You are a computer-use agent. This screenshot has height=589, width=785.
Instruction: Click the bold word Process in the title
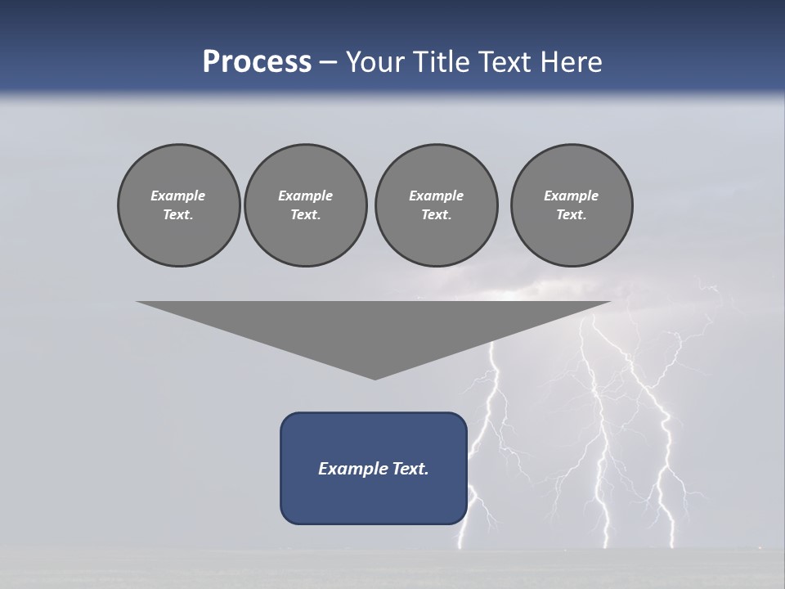click(x=257, y=62)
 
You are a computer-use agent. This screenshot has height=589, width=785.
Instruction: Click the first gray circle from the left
click(x=178, y=205)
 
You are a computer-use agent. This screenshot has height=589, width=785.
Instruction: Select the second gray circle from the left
click(x=305, y=205)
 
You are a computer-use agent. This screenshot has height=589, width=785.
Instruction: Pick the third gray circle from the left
click(x=436, y=205)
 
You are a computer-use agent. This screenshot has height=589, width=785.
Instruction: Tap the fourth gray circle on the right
click(x=572, y=205)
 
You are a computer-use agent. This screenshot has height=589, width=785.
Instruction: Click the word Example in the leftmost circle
click(x=178, y=196)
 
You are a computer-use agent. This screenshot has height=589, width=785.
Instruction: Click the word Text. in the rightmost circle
click(x=572, y=215)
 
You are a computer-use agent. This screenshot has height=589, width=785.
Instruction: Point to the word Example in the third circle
click(x=436, y=196)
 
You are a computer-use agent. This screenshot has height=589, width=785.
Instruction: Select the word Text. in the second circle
click(x=305, y=215)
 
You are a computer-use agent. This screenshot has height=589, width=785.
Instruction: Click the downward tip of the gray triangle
click(x=375, y=377)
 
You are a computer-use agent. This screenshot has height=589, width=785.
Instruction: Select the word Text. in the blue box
click(x=411, y=469)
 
